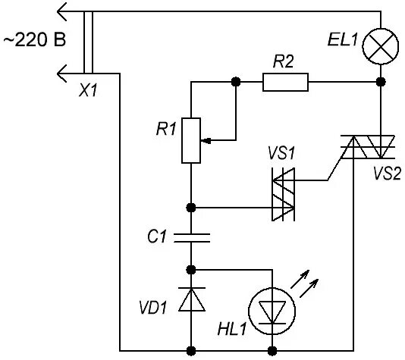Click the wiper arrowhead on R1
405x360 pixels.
click(206, 141)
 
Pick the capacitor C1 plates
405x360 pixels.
click(191, 238)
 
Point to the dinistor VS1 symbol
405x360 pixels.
click(284, 194)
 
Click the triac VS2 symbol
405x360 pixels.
click(367, 146)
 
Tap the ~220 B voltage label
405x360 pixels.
click(35, 40)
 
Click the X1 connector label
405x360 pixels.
click(88, 91)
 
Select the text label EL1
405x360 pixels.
click(343, 40)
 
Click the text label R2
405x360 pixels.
click(284, 61)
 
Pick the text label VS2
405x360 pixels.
click(387, 173)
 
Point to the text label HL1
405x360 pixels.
click(231, 329)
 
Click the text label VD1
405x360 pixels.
click(152, 308)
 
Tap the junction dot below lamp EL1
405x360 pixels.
click(381, 82)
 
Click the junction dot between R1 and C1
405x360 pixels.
click(191, 208)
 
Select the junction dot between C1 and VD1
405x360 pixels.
click(191, 270)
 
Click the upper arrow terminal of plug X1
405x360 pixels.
click(62, 11)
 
